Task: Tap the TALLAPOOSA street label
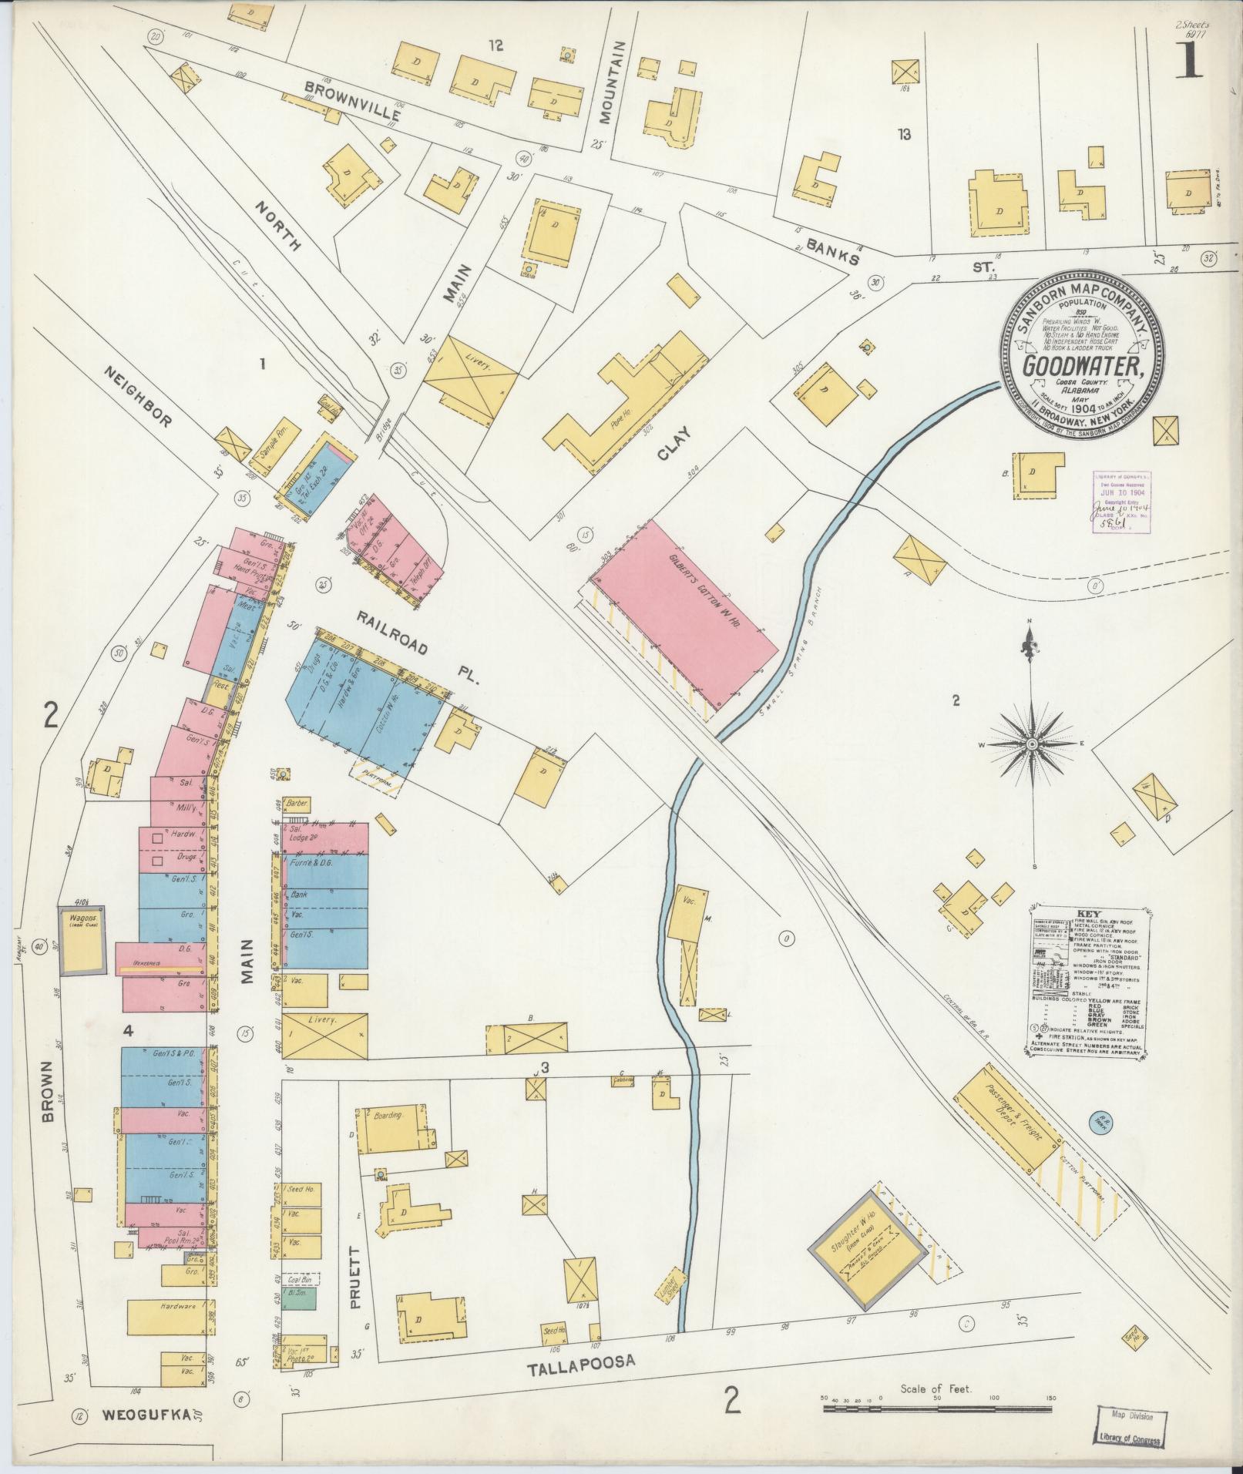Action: pos(581,1362)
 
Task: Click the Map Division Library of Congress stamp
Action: pos(1131,1429)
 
